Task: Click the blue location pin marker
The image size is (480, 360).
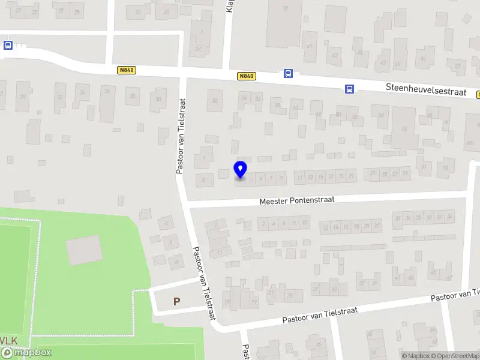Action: coord(240,169)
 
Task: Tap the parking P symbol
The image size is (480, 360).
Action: coord(177,302)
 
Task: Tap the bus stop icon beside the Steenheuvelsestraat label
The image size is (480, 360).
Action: coord(349,89)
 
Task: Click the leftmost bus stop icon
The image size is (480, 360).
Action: coord(8,45)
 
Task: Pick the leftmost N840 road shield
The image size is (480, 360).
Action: coord(127,70)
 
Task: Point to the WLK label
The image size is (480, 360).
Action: coord(10,341)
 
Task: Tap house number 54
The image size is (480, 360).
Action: coord(380,115)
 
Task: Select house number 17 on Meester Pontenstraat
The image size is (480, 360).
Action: coord(331,176)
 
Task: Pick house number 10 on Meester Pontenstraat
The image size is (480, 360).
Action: coord(305,223)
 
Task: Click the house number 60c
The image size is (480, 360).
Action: coord(470,143)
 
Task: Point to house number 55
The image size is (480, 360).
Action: coord(458,66)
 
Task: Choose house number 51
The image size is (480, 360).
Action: coord(424,59)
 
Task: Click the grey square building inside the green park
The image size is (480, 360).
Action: coord(84,250)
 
